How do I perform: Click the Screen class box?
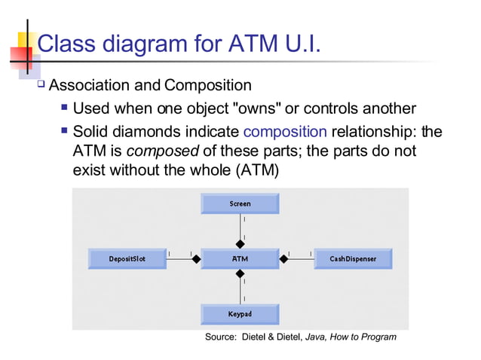pos(240,203)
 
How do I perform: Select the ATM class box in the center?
pos(240,259)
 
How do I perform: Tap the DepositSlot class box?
pos(127,259)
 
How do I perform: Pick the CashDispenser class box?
pos(352,259)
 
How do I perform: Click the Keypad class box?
pos(240,313)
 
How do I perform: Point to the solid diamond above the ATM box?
pos(240,243)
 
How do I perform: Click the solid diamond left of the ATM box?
pos(196,259)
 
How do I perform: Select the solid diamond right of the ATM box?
pos(284,259)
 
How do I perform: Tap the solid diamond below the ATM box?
pos(240,275)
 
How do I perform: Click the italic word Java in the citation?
pos(317,337)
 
